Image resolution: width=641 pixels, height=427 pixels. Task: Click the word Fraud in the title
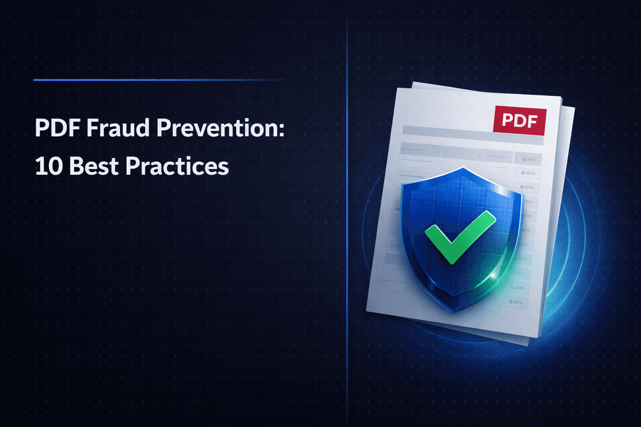[118, 128]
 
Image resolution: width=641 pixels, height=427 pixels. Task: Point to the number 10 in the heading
[48, 166]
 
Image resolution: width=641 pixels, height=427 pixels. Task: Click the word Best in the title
[94, 166]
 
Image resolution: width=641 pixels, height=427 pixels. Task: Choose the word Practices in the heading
[177, 166]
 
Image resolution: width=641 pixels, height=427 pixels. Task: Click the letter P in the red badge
[507, 120]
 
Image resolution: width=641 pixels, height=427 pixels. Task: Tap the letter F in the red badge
[532, 121]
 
